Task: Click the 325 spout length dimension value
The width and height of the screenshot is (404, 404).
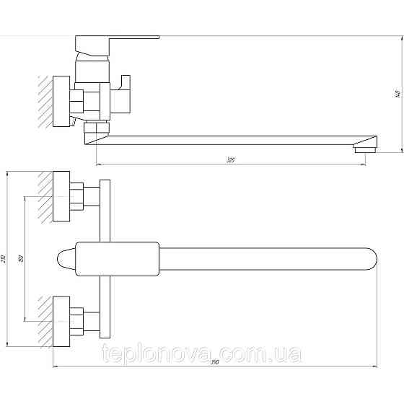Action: tap(230, 159)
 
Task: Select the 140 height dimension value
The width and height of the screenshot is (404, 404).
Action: tap(396, 93)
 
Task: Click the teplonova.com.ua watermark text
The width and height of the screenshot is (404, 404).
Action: tap(203, 354)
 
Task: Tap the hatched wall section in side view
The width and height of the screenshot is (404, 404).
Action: tap(45, 102)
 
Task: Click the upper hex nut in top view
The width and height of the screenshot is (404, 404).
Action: tap(75, 196)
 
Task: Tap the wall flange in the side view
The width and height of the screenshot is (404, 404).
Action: tap(62, 102)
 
